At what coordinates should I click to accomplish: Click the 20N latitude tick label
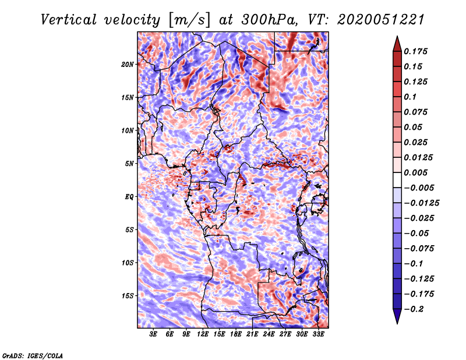click(x=128, y=64)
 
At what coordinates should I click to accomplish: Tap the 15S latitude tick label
click(x=128, y=295)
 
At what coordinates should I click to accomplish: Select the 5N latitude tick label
click(x=129, y=164)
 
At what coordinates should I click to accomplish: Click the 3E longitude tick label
click(x=154, y=334)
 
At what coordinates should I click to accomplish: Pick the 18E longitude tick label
click(x=236, y=334)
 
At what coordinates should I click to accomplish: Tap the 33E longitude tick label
click(x=318, y=334)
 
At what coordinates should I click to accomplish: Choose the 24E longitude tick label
click(x=269, y=334)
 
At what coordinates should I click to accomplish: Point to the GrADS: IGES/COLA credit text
click(x=32, y=355)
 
